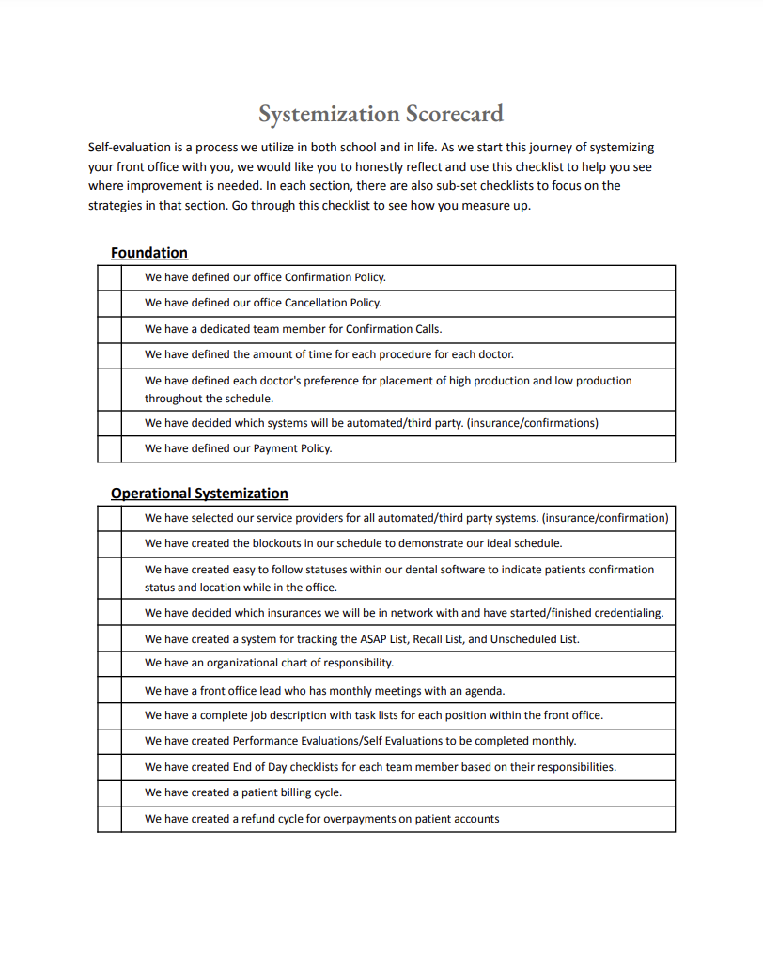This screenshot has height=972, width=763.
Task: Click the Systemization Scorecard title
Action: (x=381, y=114)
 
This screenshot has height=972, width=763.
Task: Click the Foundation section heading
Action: (x=148, y=253)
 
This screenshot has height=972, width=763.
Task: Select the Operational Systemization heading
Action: (x=199, y=494)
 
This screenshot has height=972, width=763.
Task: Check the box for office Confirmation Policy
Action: (x=109, y=278)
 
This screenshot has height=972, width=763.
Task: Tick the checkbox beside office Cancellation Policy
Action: (x=109, y=304)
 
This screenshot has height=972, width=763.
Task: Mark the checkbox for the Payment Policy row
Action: (x=109, y=449)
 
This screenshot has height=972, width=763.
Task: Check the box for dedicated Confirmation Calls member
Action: (x=109, y=329)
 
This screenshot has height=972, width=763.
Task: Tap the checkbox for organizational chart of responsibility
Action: (x=109, y=664)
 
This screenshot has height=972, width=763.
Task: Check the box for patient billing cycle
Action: (x=109, y=793)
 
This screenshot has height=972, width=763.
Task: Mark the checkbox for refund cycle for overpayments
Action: (x=109, y=820)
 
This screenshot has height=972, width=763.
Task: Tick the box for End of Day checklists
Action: (x=109, y=767)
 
